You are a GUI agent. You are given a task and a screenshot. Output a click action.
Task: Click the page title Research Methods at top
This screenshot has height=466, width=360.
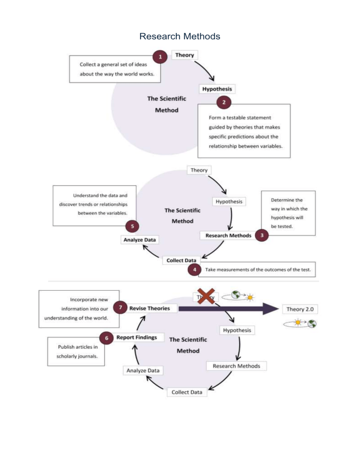coord(180,36)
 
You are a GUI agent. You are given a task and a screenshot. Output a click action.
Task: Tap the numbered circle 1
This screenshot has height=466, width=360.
coord(161,57)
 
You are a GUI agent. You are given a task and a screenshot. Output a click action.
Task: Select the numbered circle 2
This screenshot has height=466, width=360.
coord(223,101)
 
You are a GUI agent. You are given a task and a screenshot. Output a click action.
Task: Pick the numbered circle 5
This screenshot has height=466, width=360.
coord(133,226)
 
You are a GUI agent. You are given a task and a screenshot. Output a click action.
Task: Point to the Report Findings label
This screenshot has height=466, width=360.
coord(136,337)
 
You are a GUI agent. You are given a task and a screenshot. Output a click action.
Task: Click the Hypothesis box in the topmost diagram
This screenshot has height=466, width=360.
coord(217,89)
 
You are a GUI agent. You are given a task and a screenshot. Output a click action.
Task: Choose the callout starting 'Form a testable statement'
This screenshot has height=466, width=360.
coord(243,131)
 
